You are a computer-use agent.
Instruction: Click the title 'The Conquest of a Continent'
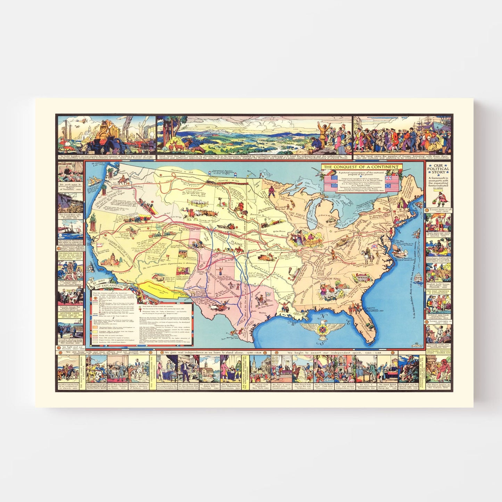tap(361, 167)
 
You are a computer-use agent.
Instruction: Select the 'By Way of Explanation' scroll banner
tap(108, 285)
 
